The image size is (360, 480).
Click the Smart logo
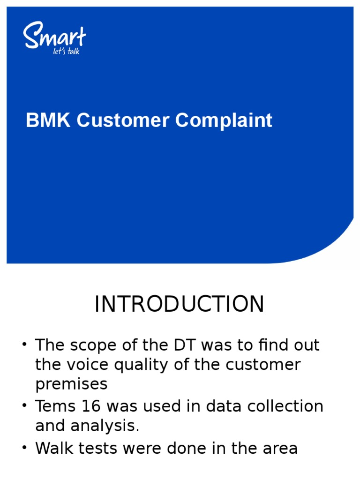point(54,36)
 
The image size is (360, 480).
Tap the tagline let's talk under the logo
point(67,51)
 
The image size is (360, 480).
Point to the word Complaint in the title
point(224,120)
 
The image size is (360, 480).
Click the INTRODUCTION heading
point(180,304)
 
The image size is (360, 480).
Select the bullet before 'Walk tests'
point(24,449)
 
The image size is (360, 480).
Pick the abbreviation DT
point(187,346)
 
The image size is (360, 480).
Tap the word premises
point(71,384)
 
